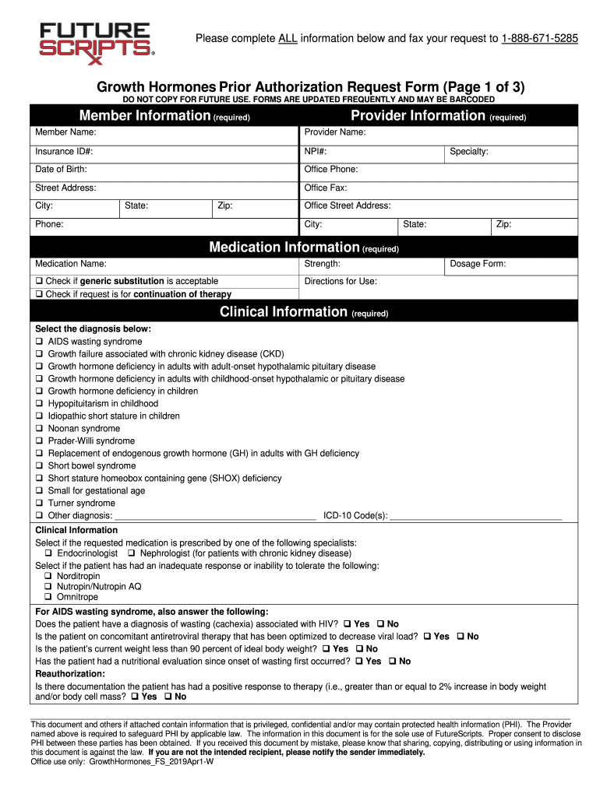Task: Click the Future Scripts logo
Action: tap(95, 41)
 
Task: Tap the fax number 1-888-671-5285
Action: tap(539, 38)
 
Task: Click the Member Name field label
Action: tap(65, 132)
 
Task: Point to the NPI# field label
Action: tap(316, 151)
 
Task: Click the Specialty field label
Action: tap(469, 151)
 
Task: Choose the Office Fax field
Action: tap(436, 188)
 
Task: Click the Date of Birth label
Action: tap(61, 169)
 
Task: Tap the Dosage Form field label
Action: tap(478, 264)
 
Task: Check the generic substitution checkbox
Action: tap(39, 281)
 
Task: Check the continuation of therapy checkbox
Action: tap(39, 294)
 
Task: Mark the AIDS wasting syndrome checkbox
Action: tap(39, 342)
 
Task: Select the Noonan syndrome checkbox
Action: tap(39, 429)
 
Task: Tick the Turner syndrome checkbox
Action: tap(39, 504)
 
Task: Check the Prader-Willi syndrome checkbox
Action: tap(39, 441)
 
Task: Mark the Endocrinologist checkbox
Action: tap(48, 553)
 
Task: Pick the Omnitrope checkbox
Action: tap(48, 597)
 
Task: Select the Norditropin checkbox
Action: tap(48, 576)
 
